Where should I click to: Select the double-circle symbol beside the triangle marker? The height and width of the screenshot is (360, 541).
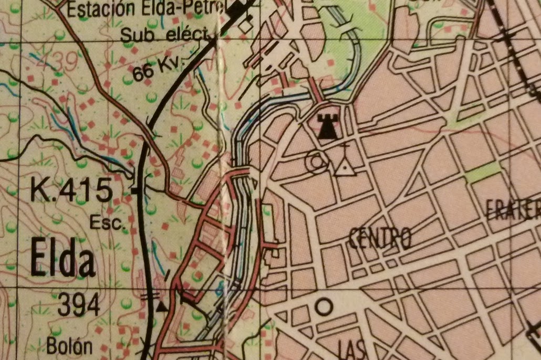(317, 162)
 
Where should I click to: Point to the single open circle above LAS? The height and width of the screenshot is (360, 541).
(324, 306)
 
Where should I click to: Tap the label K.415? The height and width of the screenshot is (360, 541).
(71, 190)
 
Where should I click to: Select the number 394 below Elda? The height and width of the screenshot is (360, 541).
(79, 305)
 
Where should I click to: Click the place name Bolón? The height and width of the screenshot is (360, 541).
(69, 346)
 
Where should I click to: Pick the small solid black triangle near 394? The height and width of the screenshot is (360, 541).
(162, 306)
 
